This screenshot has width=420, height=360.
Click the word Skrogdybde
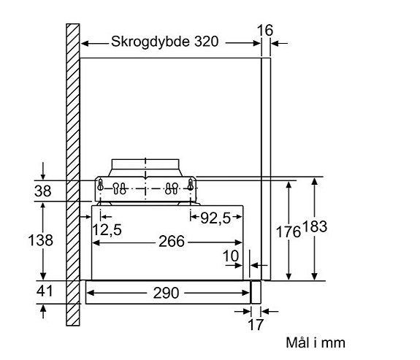(150, 42)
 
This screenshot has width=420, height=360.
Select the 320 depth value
(206, 42)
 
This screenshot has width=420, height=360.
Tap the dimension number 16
(265, 30)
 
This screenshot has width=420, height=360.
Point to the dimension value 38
(42, 191)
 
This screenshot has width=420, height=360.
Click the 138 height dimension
(41, 240)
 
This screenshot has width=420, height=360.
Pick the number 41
(45, 291)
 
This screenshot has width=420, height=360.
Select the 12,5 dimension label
(107, 229)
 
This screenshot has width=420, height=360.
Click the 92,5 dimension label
(215, 218)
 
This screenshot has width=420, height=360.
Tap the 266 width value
(172, 241)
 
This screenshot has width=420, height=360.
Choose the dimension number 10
(231, 256)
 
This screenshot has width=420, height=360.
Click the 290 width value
(166, 293)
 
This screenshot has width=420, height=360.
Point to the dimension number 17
(256, 325)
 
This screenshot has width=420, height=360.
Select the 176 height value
(289, 231)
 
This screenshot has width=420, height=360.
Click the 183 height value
(315, 226)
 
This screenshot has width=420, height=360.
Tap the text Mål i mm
(316, 342)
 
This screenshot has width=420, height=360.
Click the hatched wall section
(73, 175)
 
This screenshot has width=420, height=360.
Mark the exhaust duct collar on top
(145, 168)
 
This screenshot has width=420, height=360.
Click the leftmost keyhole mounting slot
(100, 185)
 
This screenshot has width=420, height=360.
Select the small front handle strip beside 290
(256, 292)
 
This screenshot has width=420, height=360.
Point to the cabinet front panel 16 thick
(266, 169)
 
